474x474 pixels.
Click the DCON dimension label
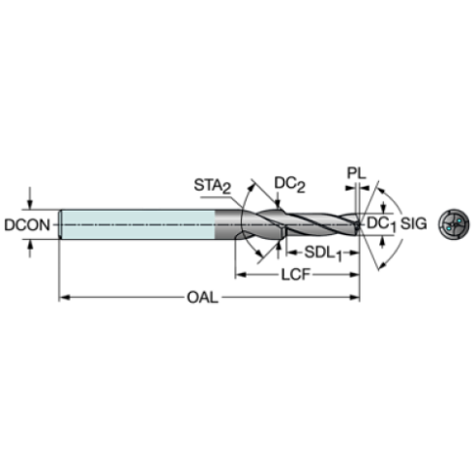(x=27, y=224)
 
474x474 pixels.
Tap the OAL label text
(x=203, y=297)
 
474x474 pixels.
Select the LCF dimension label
(x=295, y=275)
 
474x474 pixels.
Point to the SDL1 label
(x=323, y=252)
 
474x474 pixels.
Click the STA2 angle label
(x=213, y=186)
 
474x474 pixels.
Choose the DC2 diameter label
(x=289, y=184)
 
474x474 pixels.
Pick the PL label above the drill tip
(x=356, y=173)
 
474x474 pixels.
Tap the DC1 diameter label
(x=381, y=224)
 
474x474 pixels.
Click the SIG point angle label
(x=413, y=223)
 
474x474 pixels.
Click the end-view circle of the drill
(x=454, y=224)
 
